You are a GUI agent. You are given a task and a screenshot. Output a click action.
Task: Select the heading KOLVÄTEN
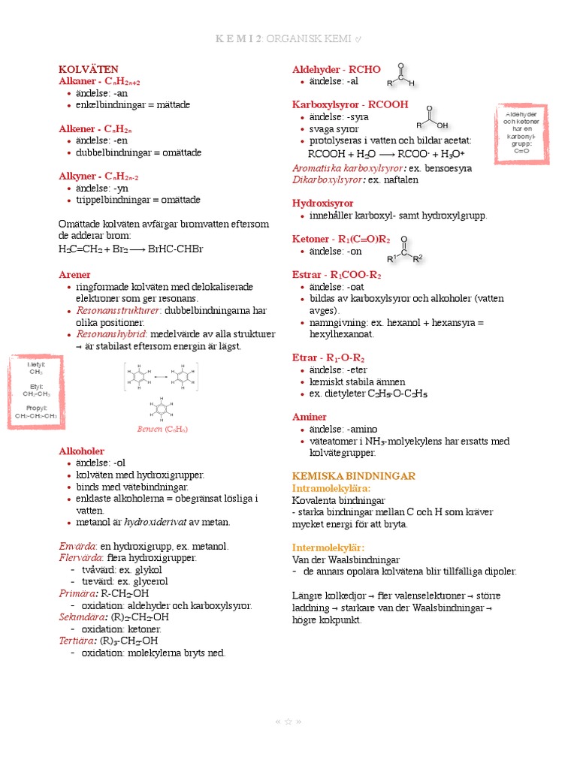(89, 69)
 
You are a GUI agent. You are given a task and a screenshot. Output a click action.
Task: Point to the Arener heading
(75, 275)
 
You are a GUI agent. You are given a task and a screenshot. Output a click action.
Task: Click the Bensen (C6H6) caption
(162, 430)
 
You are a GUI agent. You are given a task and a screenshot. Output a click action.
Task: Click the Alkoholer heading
(81, 451)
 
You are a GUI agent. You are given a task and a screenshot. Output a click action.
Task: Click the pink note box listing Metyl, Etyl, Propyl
(36, 393)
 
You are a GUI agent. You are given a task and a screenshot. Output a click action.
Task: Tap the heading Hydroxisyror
(322, 204)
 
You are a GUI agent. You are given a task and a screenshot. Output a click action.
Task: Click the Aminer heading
(309, 417)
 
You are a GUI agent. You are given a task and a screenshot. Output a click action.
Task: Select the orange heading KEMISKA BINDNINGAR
(353, 477)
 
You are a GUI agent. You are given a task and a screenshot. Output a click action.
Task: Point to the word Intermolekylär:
(328, 547)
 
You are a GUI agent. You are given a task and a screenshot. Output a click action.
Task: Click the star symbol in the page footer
(288, 722)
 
